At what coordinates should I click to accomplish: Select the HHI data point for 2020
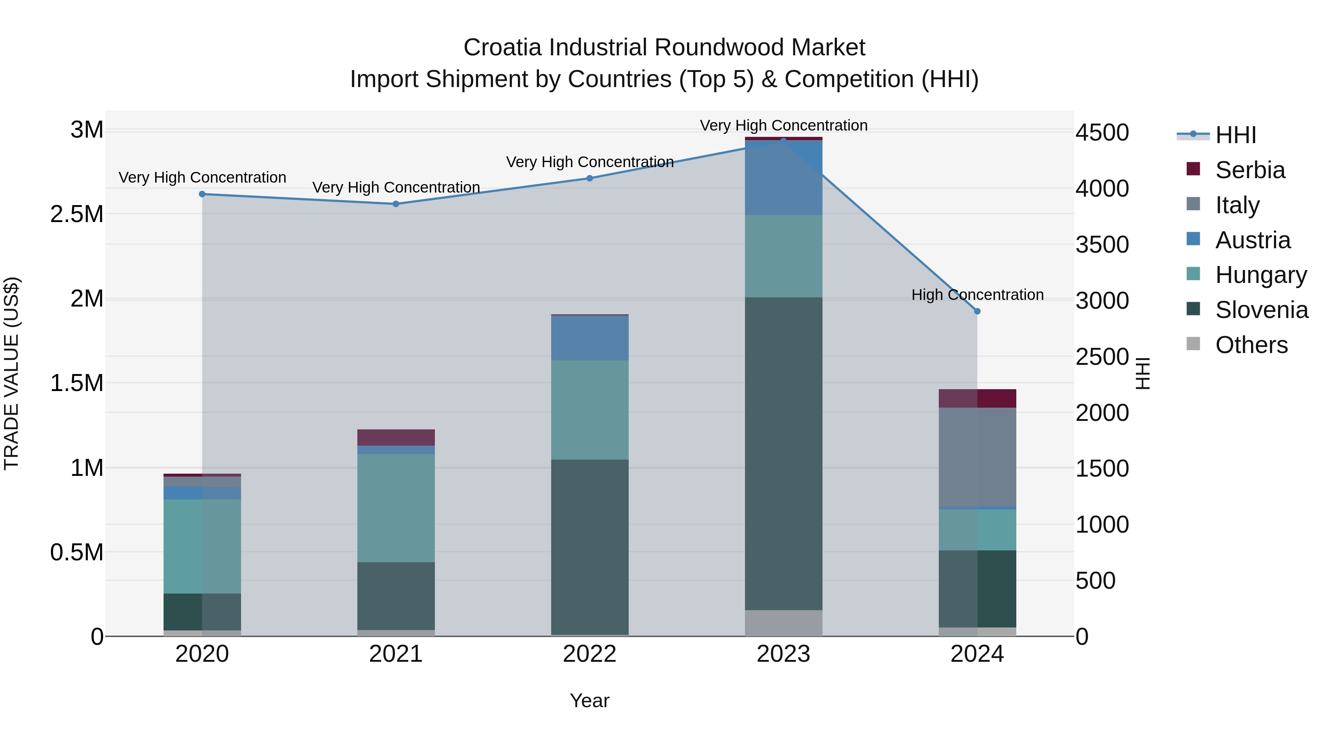pos(202,194)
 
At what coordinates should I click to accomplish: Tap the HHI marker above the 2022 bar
pos(590,179)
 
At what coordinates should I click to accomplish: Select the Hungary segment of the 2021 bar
pos(396,508)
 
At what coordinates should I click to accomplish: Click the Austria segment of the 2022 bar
pos(590,338)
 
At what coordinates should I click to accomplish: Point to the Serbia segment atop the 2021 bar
pos(396,437)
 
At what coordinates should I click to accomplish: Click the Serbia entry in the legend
pos(1250,170)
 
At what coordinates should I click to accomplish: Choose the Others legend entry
pos(1251,345)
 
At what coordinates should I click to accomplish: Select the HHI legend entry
pos(1235,135)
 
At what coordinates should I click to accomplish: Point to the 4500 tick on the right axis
pos(1102,132)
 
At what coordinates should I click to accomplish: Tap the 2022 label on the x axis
pos(590,654)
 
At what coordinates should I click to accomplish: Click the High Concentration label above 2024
pos(977,295)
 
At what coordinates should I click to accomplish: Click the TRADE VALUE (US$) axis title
pos(11,373)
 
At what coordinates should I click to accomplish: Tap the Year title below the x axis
pos(589,701)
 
